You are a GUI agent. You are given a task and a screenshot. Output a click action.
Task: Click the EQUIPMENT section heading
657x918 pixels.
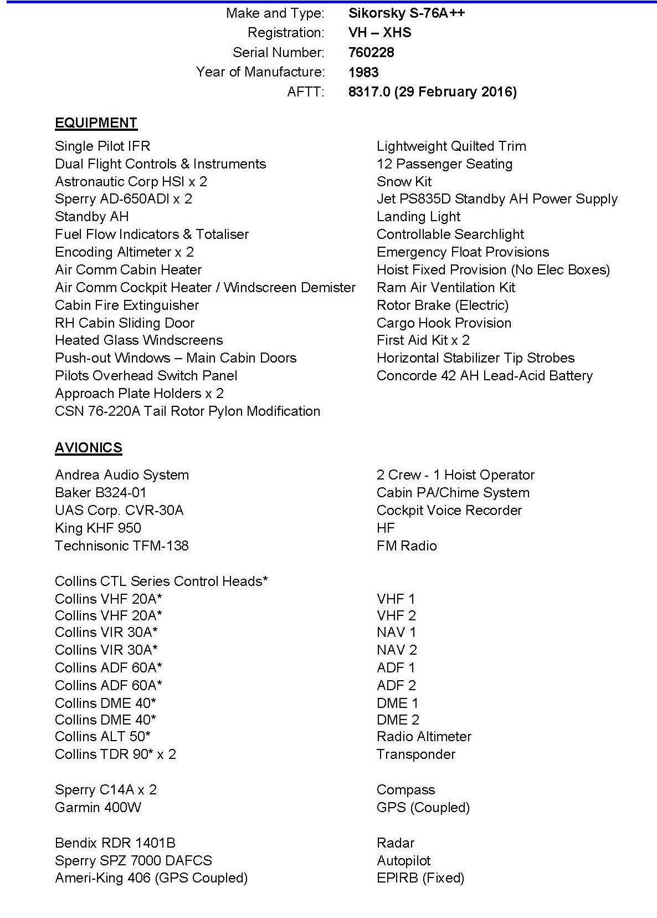(96, 123)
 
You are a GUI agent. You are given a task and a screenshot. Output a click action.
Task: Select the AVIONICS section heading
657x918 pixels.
(88, 447)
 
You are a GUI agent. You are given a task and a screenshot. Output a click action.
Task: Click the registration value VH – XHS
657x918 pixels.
(379, 32)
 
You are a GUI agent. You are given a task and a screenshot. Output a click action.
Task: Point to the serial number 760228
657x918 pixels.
(371, 52)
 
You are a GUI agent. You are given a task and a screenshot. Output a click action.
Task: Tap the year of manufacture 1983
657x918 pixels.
(363, 72)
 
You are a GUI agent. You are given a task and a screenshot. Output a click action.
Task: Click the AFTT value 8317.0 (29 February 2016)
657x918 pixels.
(432, 91)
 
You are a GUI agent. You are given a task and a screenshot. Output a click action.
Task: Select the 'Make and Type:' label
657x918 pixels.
(275, 13)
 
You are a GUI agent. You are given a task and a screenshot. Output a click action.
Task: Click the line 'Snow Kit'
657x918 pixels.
(404, 181)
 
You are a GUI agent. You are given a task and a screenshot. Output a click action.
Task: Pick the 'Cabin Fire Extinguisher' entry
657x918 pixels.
(127, 305)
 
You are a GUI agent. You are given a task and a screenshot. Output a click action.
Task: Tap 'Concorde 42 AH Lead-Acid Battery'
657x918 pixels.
(484, 375)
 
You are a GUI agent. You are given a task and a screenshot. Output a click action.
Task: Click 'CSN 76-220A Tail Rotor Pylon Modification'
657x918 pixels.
(187, 411)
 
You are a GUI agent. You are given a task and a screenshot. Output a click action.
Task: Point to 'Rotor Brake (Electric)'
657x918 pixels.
(442, 305)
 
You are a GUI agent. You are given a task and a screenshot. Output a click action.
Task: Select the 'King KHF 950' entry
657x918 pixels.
(98, 528)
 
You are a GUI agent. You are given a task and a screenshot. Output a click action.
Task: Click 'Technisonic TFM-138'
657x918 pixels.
(122, 545)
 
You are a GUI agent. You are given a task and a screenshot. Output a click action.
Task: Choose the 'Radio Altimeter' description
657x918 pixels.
(424, 736)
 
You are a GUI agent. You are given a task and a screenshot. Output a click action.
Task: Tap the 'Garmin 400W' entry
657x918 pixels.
(98, 807)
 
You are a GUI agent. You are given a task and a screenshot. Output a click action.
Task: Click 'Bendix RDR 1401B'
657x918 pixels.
(115, 843)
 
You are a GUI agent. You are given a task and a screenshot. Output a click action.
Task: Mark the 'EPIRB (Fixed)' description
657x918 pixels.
(420, 878)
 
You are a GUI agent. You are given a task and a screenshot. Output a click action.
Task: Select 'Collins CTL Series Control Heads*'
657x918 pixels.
(161, 581)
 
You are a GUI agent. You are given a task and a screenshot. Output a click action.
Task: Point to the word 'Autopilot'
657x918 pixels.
(403, 860)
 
